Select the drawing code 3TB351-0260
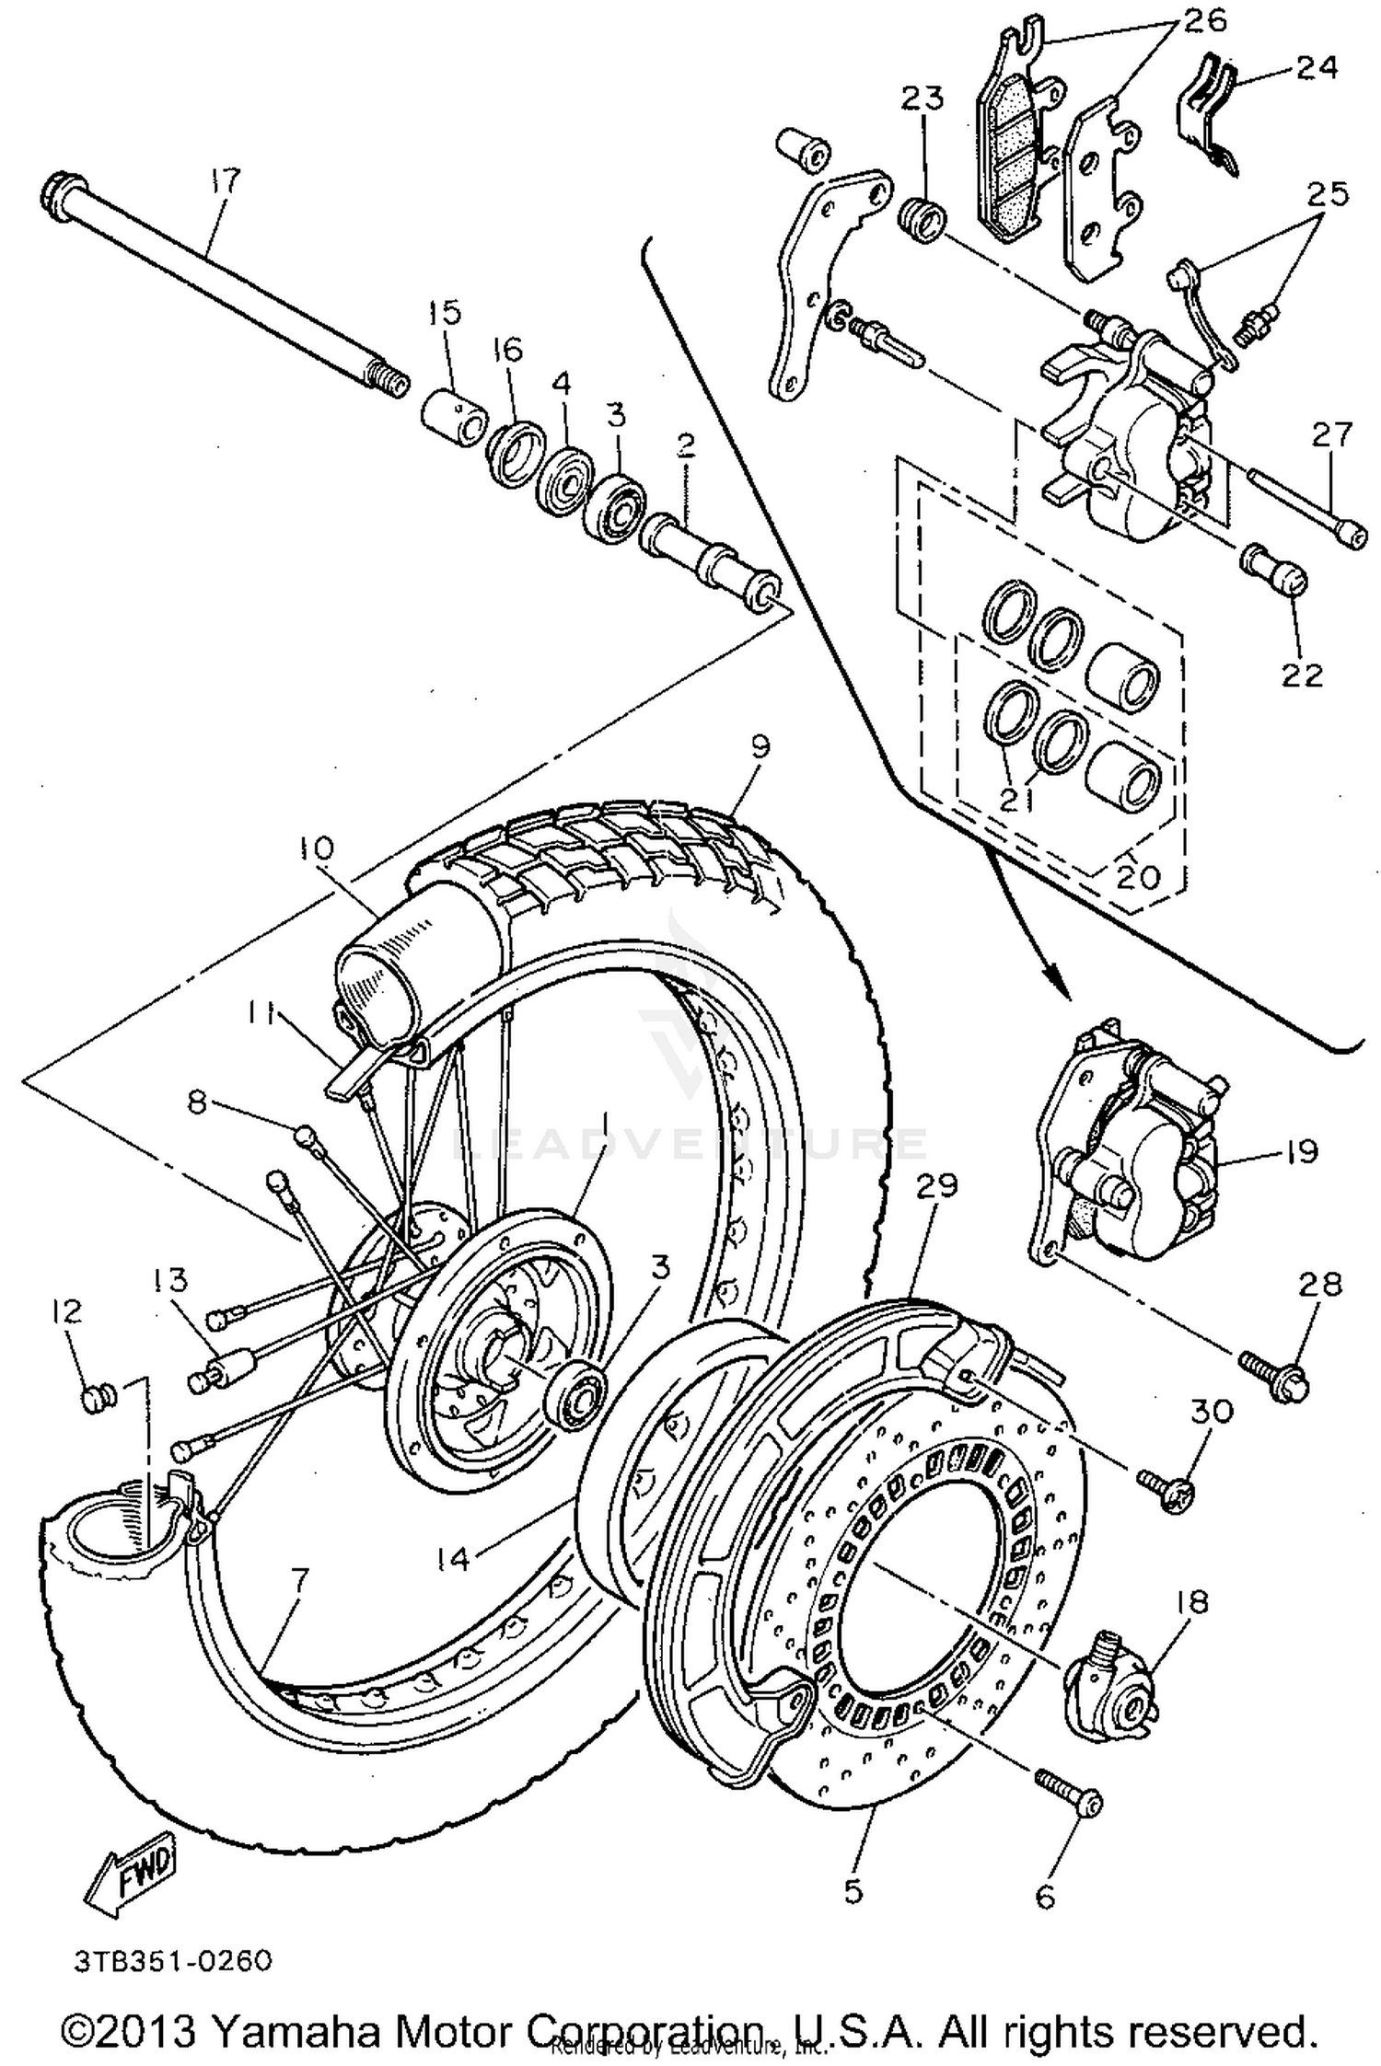pyautogui.click(x=173, y=1961)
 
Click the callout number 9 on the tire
pyautogui.click(x=760, y=746)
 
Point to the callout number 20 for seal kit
pyautogui.click(x=1138, y=877)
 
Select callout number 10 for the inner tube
pyautogui.click(x=317, y=848)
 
